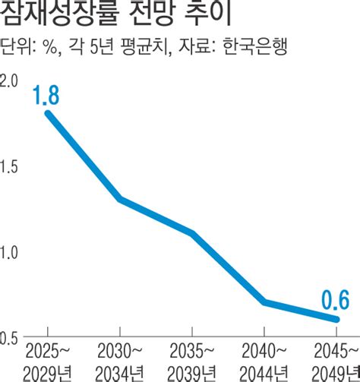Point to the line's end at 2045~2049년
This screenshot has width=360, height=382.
click(336, 319)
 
